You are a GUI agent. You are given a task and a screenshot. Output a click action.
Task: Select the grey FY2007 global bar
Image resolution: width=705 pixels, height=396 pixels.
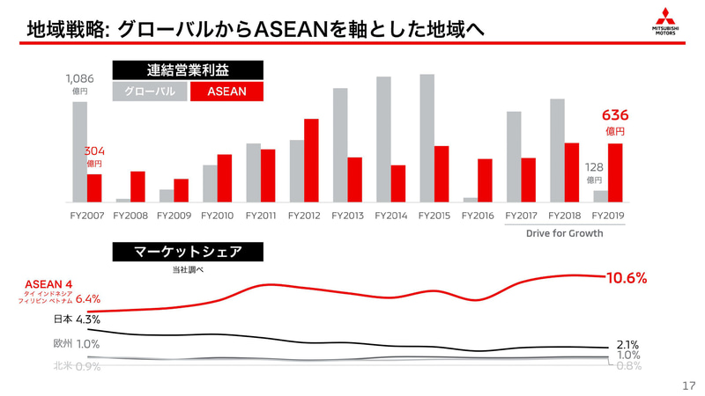[x=79, y=152]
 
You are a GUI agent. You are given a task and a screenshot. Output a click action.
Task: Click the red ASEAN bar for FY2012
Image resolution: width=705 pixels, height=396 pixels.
[x=311, y=160]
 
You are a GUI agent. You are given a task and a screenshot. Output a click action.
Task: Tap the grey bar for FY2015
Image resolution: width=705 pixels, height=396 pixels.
[x=427, y=138]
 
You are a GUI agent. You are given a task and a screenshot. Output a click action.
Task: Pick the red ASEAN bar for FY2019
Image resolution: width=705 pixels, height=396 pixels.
[x=615, y=172]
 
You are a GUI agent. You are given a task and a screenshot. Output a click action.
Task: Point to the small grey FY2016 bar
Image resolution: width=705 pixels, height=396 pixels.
[x=470, y=200]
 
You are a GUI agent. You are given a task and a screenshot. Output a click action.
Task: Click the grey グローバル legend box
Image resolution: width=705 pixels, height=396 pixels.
[x=150, y=91]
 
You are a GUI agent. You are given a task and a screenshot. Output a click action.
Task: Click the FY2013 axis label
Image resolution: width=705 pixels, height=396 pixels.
[x=348, y=214]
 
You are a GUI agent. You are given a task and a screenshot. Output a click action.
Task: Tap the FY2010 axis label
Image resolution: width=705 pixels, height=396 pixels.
[x=217, y=214]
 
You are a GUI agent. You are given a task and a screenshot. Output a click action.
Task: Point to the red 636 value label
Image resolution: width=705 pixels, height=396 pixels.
[x=614, y=115]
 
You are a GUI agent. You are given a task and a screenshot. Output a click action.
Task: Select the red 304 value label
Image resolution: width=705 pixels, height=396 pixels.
[x=94, y=151]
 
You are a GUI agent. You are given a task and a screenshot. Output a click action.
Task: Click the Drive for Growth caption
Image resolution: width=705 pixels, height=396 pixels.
[x=564, y=233]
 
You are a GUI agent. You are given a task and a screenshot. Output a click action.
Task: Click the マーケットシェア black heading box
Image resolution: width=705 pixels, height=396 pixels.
[x=188, y=252]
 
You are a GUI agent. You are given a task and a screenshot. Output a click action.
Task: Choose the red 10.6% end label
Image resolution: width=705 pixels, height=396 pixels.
[x=627, y=278]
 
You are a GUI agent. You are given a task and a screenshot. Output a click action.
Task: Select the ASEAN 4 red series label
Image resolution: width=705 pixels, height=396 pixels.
[x=48, y=284]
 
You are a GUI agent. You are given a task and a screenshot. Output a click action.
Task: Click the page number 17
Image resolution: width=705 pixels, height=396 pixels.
[x=689, y=385]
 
